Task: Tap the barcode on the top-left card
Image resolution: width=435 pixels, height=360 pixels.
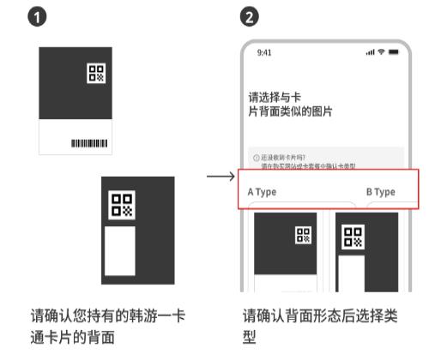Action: [x=88, y=142]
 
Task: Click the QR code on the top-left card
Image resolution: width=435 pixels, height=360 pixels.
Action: [x=96, y=75]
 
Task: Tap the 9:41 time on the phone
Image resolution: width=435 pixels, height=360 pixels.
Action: [x=265, y=53]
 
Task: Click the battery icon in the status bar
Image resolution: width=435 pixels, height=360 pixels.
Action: [x=394, y=53]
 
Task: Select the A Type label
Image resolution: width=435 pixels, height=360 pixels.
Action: [x=262, y=192]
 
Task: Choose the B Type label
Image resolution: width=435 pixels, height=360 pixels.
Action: [x=380, y=192]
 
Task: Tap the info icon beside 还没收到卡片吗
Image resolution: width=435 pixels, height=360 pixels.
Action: [x=256, y=158]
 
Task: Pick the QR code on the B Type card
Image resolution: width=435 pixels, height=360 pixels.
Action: [x=353, y=236]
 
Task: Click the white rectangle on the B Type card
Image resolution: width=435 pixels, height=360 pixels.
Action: [x=349, y=274]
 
